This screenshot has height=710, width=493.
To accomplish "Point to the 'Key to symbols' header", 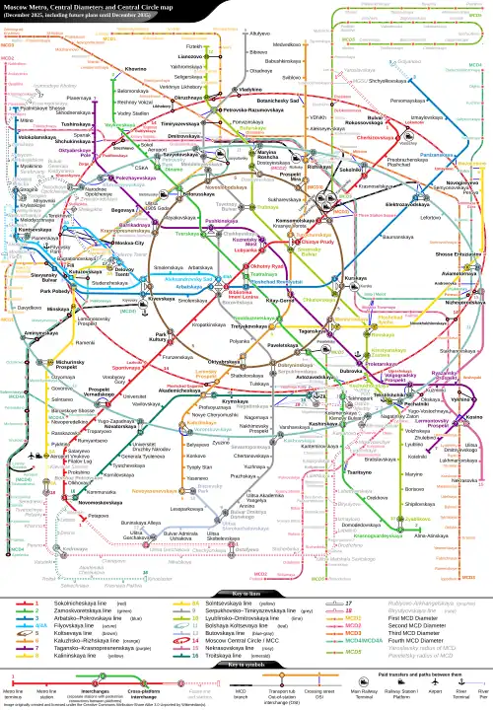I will [246, 667].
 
